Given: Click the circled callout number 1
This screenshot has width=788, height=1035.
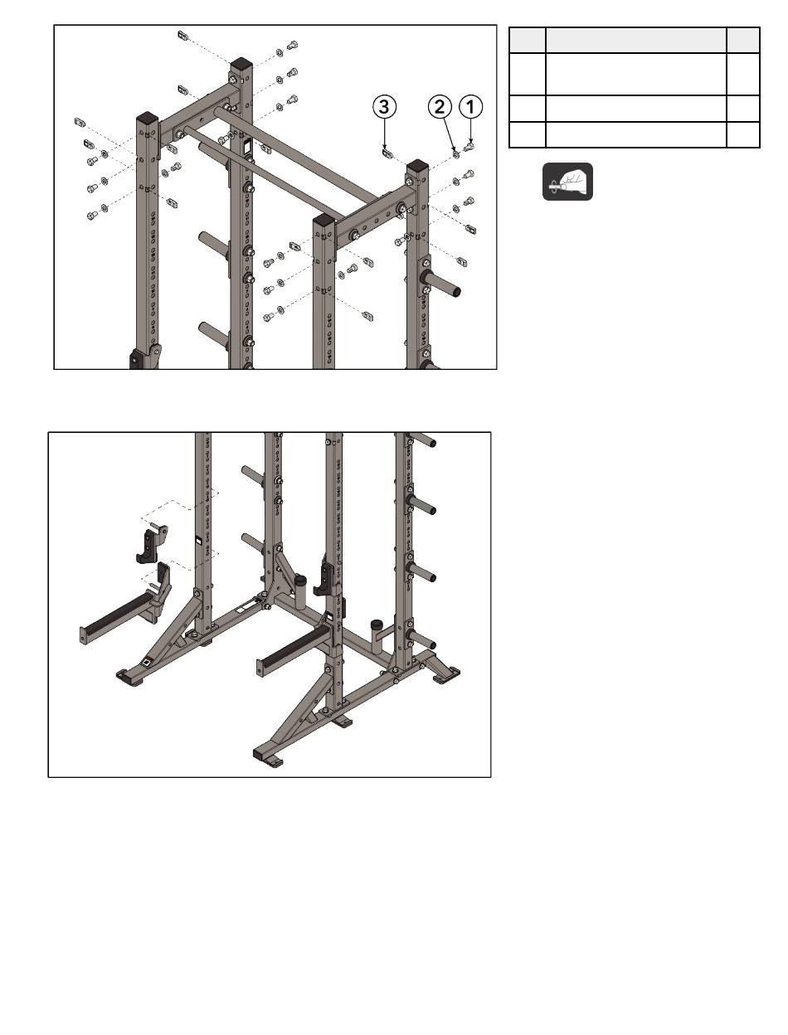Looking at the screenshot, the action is pos(470,106).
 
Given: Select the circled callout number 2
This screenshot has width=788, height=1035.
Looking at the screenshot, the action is pos(440,106).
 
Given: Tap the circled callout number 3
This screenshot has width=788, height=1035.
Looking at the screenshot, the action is pos(384,106).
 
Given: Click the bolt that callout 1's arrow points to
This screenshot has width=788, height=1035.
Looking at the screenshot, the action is pos(469,147).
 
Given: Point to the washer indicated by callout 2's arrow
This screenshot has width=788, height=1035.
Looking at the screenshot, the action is pos(456,153).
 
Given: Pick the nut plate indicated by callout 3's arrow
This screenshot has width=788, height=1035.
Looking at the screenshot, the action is pos(387,153).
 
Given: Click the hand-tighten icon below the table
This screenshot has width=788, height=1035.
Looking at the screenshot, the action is pos(567,182).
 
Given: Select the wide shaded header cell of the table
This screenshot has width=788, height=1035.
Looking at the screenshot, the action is pos(635,40).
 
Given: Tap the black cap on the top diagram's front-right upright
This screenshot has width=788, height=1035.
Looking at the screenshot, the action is pos(323,221).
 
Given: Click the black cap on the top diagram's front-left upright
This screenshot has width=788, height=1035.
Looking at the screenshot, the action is pos(147,116).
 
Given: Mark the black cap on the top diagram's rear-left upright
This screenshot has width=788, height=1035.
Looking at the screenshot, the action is pos(241,63).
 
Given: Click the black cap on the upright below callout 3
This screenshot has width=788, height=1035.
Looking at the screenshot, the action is pos(418,166).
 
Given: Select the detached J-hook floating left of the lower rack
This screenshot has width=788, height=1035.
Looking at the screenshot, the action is pos(152,545).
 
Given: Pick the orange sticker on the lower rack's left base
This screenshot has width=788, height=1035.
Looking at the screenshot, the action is pos(147,662).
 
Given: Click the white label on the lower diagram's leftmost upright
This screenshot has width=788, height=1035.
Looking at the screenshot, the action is pos(199,541).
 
